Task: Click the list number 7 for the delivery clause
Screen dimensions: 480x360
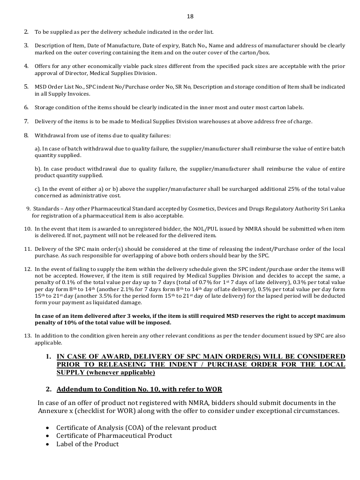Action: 26,122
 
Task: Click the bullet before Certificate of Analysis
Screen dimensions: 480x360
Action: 49,428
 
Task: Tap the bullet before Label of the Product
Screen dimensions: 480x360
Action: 49,444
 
